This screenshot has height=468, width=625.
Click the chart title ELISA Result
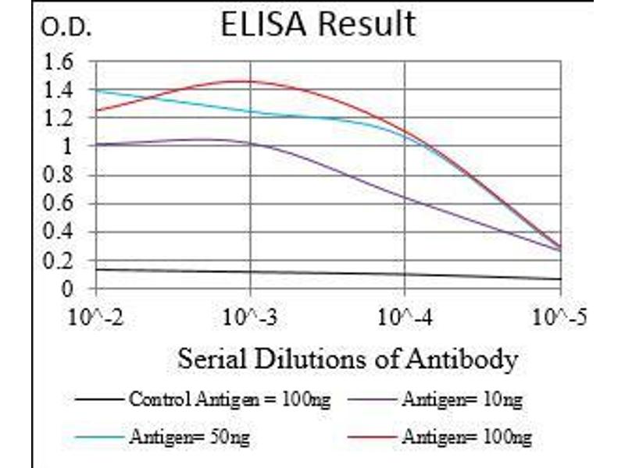point(317,25)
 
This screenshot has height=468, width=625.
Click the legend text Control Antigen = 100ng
point(229,401)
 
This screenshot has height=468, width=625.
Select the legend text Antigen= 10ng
point(462,401)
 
